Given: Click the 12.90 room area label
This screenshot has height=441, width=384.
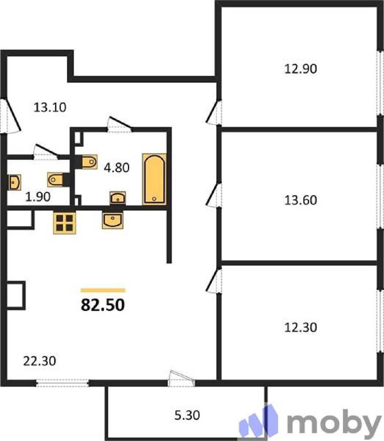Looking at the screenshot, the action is click(301, 69).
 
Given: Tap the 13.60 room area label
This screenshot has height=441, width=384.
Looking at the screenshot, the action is click(301, 200).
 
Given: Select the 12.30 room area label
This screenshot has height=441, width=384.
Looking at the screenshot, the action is click(301, 327).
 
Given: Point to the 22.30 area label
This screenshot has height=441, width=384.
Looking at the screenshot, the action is click(40, 361).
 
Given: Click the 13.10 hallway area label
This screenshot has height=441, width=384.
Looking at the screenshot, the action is click(50, 107).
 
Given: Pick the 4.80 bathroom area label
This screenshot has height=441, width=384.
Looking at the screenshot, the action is click(117, 168).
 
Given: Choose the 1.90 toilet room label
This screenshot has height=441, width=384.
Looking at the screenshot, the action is click(38, 197).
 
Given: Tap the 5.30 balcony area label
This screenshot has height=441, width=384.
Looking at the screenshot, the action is click(187, 415).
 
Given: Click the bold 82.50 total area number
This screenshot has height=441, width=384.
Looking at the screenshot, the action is click(103, 305).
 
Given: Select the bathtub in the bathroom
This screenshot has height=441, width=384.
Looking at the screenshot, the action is click(154, 179).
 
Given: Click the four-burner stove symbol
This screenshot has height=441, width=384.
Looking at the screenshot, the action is click(64, 223).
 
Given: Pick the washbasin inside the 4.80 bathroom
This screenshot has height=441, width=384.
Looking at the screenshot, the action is click(118, 198).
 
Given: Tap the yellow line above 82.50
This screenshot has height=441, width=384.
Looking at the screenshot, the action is click(103, 290).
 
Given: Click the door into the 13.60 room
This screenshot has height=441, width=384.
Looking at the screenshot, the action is click(213, 195).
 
